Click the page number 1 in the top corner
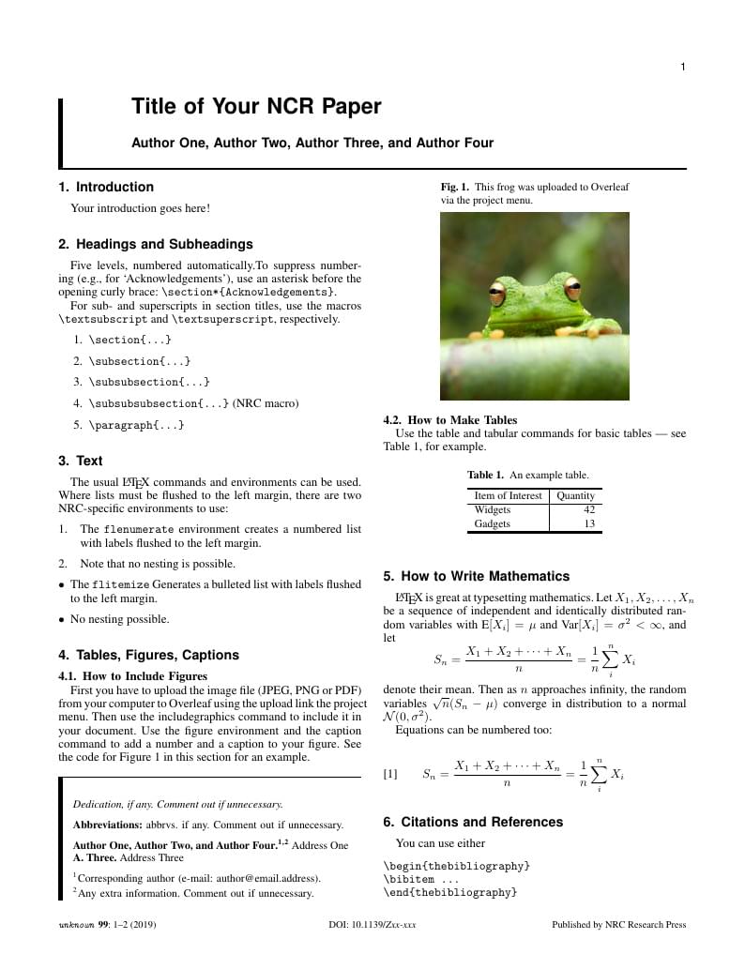tap(683, 67)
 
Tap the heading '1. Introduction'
tap(106, 187)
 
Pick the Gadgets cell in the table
tap(493, 523)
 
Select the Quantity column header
tap(575, 495)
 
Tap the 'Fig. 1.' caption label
tap(455, 187)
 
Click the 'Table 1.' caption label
tap(486, 475)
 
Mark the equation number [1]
tap(390, 774)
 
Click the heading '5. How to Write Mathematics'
tap(476, 576)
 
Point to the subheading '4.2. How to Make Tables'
tap(450, 420)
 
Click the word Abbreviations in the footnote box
tap(108, 825)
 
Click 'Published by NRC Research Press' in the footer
tap(618, 925)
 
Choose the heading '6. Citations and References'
tap(473, 822)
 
